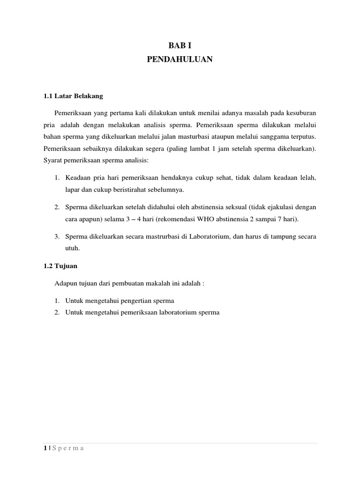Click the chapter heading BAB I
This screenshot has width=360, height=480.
coord(180,45)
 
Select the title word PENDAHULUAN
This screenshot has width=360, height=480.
coord(180,60)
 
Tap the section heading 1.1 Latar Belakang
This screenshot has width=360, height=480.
coord(73,96)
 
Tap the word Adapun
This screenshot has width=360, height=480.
coord(65,283)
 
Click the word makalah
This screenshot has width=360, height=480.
coord(162,283)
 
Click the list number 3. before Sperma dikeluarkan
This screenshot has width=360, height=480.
coord(57,237)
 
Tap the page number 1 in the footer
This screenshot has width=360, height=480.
coord(44,448)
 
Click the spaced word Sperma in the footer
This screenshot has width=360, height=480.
coord(67,448)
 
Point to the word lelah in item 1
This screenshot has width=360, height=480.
coord(309,178)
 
